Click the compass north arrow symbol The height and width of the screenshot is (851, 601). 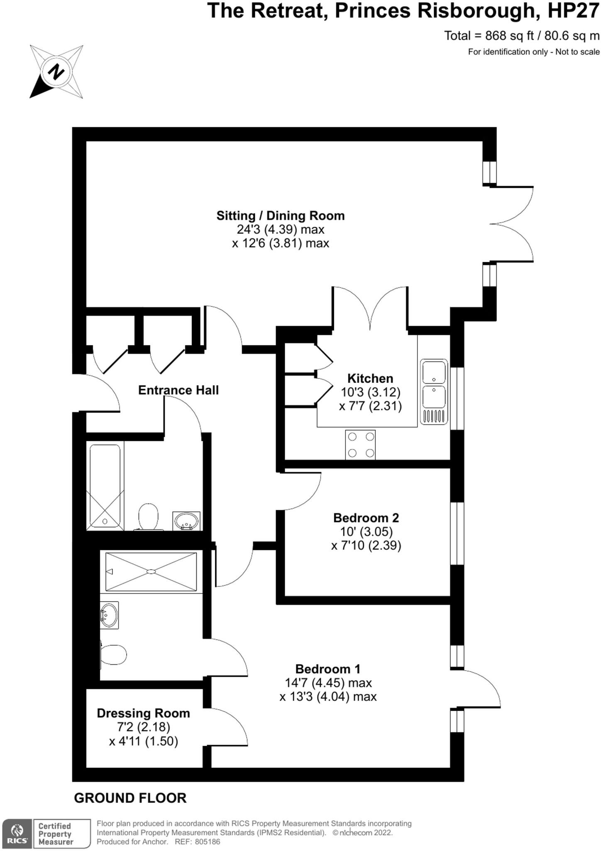[56, 71]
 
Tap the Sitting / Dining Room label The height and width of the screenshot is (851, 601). [280, 216]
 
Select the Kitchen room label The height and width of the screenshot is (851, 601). [370, 379]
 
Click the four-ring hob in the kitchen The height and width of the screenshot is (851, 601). [360, 445]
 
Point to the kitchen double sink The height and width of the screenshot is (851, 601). [434, 391]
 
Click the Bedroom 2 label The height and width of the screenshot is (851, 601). [366, 518]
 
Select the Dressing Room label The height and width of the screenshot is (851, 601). [143, 713]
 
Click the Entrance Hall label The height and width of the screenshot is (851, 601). [178, 390]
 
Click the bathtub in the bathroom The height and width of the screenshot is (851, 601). [105, 487]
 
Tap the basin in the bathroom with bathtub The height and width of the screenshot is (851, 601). [186, 521]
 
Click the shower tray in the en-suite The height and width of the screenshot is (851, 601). [151, 571]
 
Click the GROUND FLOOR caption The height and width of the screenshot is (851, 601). [130, 798]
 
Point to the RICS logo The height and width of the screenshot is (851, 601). [17, 833]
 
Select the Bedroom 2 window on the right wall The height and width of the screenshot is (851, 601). [457, 534]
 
